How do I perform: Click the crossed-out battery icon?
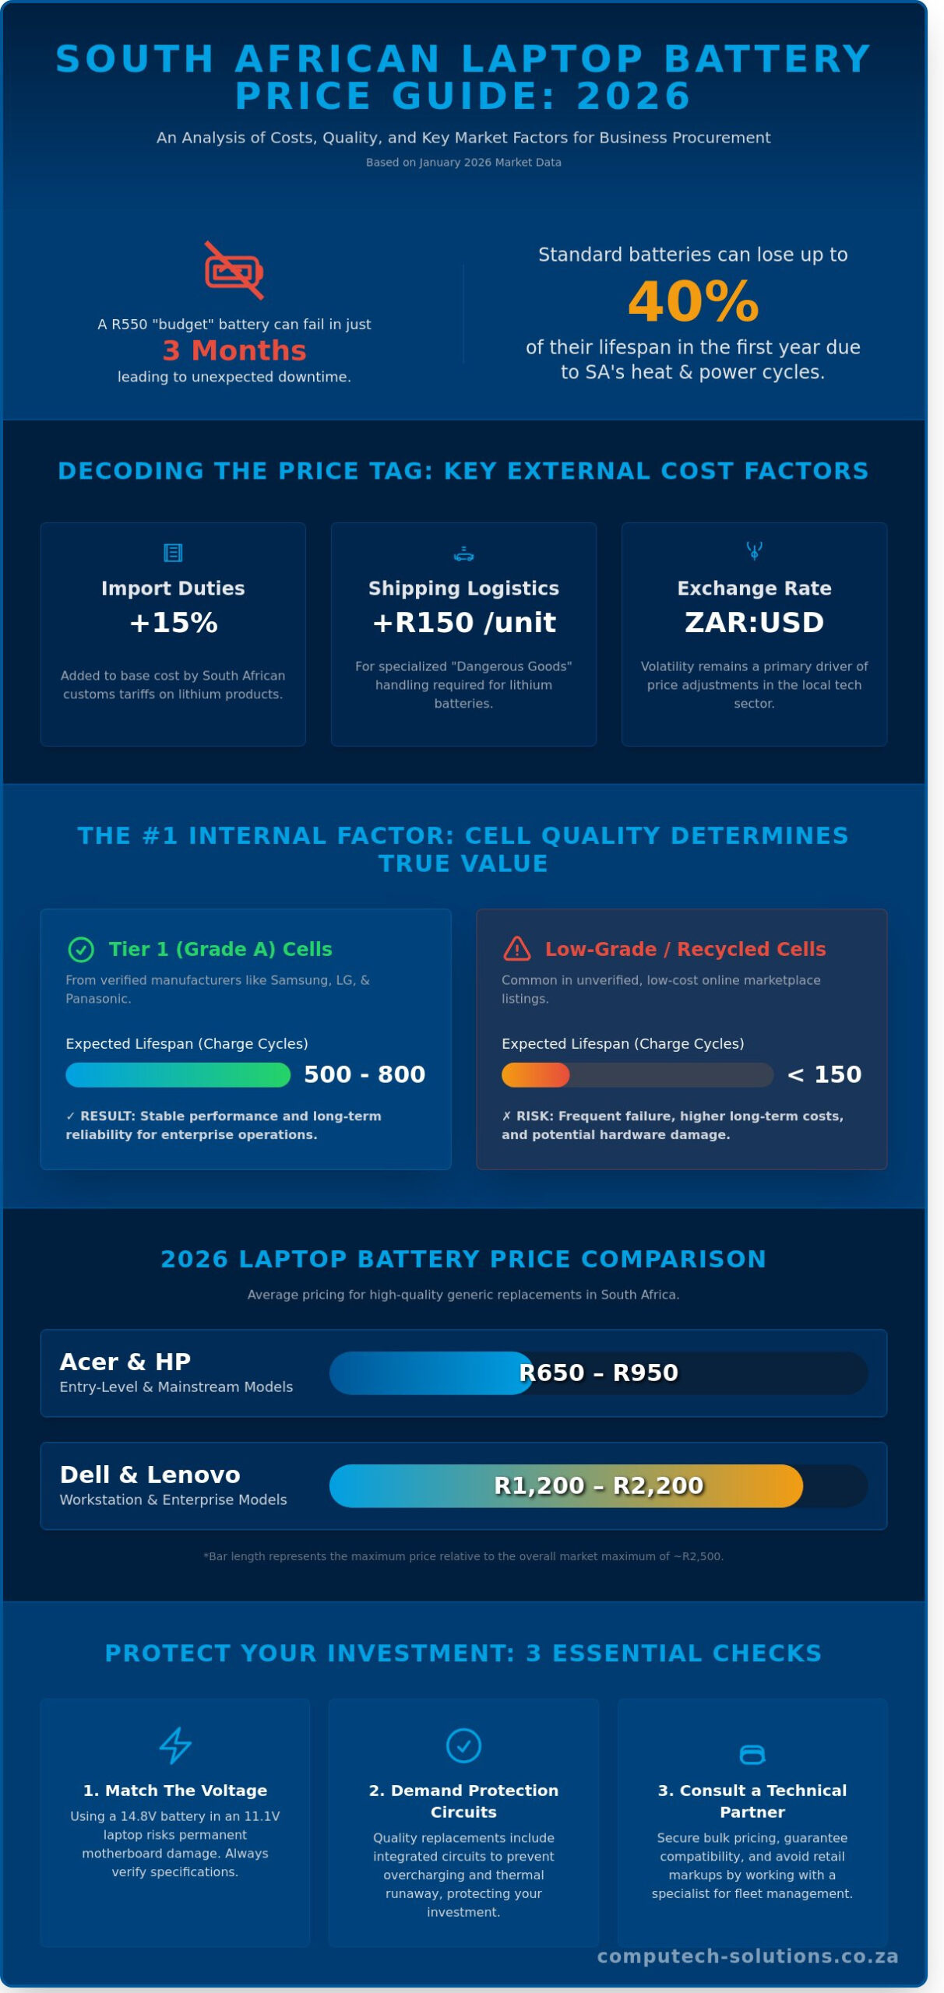click(234, 271)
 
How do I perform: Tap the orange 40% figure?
click(692, 302)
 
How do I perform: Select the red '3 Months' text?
click(234, 350)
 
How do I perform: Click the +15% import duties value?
click(173, 623)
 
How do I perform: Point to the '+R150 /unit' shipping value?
click(463, 623)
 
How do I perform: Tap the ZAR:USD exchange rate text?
click(753, 623)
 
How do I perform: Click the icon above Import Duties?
click(173, 553)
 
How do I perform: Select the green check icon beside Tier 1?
click(81, 950)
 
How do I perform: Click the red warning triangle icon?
click(517, 949)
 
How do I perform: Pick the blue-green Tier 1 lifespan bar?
click(178, 1075)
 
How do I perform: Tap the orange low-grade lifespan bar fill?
click(536, 1075)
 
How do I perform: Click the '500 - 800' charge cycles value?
click(365, 1074)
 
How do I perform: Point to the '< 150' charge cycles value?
click(824, 1074)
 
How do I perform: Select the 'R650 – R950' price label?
click(598, 1373)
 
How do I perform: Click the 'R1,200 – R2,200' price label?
click(598, 1486)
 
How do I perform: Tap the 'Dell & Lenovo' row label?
click(150, 1475)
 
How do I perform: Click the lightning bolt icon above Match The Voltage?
click(174, 1745)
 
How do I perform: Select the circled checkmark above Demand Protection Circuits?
click(463, 1745)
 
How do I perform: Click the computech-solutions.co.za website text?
click(748, 1956)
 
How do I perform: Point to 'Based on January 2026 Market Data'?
click(463, 163)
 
